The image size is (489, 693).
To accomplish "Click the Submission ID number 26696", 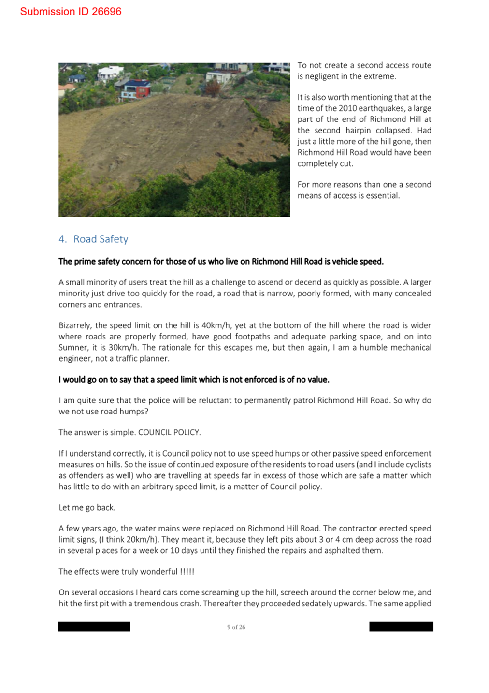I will (106, 12).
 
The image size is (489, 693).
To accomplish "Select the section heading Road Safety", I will (101, 239).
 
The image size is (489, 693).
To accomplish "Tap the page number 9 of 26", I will (236, 627).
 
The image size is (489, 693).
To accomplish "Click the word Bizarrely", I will (75, 325).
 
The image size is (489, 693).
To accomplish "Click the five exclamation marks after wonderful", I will (187, 572).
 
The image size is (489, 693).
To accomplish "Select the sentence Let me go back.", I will (87, 508).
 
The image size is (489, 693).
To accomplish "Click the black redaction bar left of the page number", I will (94, 627).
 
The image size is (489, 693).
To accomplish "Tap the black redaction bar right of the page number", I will (401, 627).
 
